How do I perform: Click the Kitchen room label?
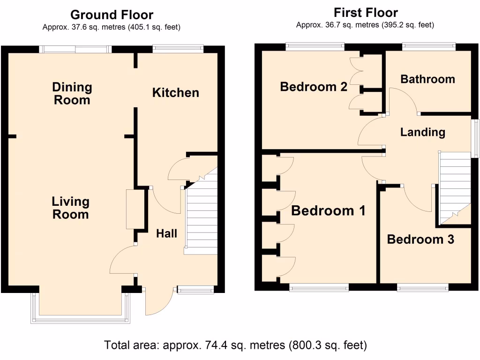176,93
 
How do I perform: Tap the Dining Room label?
72,93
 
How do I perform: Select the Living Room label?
70,208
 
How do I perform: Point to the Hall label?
166,233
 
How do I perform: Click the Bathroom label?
427,79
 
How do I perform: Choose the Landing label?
422,133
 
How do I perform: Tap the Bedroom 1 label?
328,211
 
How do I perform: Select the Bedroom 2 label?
313,87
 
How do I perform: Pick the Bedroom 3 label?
420,240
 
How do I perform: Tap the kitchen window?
178,47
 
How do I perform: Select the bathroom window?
428,46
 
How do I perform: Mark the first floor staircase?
454,187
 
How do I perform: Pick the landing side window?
475,138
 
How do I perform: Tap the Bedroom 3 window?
423,287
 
